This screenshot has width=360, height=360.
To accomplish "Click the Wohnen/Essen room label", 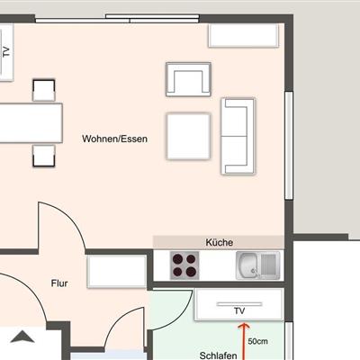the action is point(114,139).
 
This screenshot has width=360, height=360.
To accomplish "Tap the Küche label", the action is point(220,242).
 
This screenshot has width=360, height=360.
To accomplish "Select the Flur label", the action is point(59,283).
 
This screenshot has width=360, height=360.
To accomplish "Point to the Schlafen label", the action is point(218,355).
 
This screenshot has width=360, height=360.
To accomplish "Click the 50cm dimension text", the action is point(257,341).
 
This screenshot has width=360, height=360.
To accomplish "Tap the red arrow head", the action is point(245,326).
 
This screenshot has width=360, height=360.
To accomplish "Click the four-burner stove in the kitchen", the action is point(184,265).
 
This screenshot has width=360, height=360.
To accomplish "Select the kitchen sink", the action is point(258,265).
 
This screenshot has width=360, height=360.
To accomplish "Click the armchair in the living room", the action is point(188,79).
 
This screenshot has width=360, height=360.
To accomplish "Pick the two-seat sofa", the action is point(238,136).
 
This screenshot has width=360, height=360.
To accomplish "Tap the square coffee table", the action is point(188,136).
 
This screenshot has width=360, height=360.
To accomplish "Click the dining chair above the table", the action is point(44,90).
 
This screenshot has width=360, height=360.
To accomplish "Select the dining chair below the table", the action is point(44,156).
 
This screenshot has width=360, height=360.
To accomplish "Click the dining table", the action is point(31,123).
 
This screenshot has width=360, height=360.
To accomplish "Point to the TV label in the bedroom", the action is point(239,311).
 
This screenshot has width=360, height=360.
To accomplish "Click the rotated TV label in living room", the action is point(6,52).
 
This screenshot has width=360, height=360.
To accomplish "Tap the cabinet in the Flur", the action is point(117,272).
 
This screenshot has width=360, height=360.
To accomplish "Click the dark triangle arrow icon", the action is point(22,337).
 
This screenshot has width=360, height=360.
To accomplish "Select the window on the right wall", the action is point(289,146).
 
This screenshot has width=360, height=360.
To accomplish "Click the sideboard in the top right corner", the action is point(243,36).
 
